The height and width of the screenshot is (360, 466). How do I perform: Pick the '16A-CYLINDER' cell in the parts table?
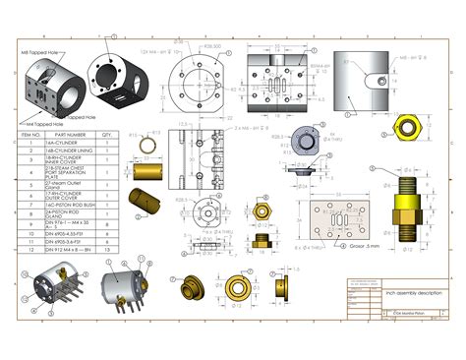click(69, 143)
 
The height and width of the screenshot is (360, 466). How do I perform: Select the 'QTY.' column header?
click(109, 135)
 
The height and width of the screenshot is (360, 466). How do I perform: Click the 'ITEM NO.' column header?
click(31, 135)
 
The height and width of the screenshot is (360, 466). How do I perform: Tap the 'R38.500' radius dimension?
click(210, 47)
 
